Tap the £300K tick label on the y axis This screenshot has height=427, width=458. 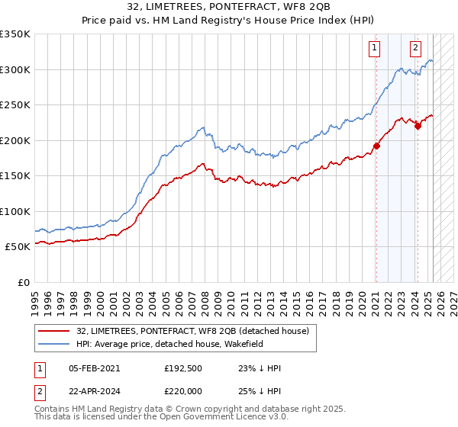[15, 69]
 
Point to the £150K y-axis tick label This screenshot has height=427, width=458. [15, 175]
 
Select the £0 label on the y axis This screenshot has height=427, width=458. [23, 282]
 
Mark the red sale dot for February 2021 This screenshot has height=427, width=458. [376, 146]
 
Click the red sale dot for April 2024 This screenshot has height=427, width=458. [418, 127]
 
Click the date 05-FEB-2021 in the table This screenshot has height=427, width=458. [94, 368]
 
